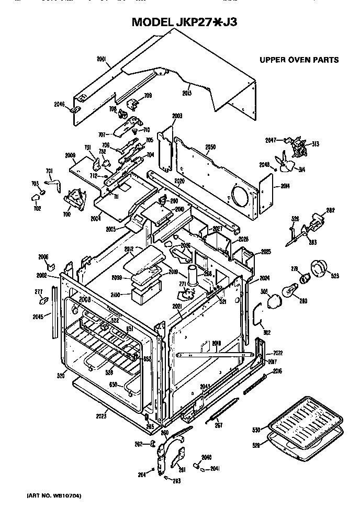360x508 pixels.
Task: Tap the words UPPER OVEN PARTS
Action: tap(299, 60)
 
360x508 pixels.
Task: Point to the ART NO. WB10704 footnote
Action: tap(47, 495)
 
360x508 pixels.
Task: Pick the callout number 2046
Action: tap(60, 104)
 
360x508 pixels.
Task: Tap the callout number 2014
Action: tap(287, 186)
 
